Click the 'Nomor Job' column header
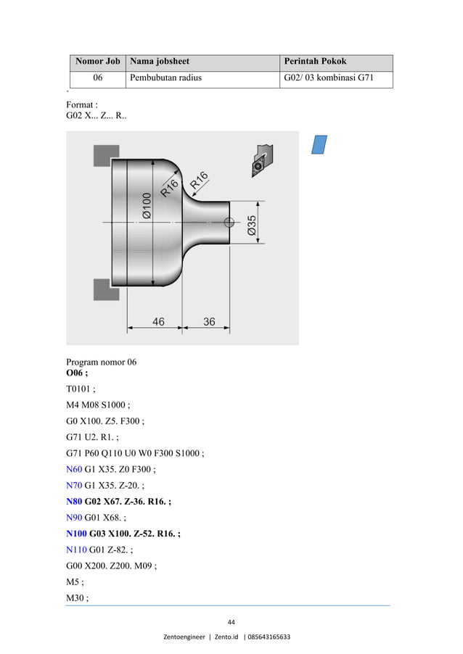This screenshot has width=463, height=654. pos(97,62)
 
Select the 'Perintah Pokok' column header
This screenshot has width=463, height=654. pos(315,62)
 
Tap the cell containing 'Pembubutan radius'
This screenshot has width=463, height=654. pos(165,78)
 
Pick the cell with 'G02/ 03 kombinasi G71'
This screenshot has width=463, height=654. pos(328,78)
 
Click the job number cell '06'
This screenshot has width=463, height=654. pos(97,78)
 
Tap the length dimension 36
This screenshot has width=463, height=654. pos(209,321)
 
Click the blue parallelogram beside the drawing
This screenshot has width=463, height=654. pos(319,144)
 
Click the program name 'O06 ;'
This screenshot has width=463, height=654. pos(77,373)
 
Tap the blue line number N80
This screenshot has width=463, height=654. pos(75,500)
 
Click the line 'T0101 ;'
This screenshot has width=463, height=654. pos(81,389)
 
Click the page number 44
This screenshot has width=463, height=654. pos(231,621)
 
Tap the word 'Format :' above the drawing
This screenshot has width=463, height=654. pos(82,104)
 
